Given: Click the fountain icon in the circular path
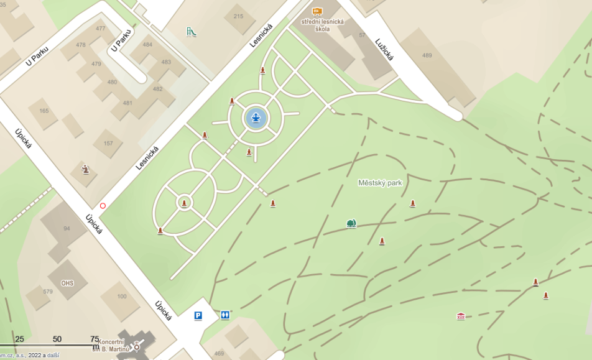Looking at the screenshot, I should (x=256, y=118).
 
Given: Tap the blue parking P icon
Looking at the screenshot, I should (x=198, y=315).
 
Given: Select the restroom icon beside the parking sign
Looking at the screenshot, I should (x=225, y=315).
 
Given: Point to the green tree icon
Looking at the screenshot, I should (x=351, y=223).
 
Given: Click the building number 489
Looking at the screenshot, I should (x=427, y=55).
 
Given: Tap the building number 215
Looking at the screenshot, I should (x=238, y=16).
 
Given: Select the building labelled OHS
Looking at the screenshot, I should (x=67, y=284).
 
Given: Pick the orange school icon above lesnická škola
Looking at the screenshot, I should (x=317, y=11).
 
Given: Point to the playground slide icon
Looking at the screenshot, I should (x=191, y=31).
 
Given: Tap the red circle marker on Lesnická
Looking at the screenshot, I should (x=103, y=205).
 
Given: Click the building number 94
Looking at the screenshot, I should (x=67, y=228).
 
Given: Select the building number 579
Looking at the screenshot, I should (x=48, y=291).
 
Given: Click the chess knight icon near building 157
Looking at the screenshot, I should (x=86, y=169).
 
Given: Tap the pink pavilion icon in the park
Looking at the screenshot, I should (x=460, y=316).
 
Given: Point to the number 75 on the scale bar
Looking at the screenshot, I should (x=95, y=339).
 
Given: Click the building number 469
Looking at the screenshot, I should (x=219, y=354).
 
